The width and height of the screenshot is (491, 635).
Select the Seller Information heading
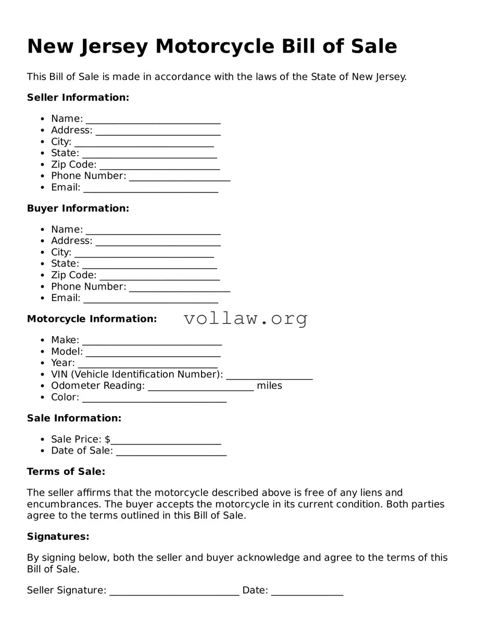pos(78,97)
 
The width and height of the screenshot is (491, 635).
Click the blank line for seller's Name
pos(153,120)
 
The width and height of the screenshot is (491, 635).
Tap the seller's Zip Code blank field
pos(159,166)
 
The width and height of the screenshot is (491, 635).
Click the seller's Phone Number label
pos(89,176)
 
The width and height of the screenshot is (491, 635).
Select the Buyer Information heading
pos(78,208)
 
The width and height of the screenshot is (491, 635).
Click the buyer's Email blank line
pos(150,299)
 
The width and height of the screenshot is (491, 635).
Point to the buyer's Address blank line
pos(158,242)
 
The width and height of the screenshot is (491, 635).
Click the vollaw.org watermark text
pos(246,318)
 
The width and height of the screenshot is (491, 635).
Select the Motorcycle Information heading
pos(92,319)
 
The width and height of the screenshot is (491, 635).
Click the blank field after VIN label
pos(269,376)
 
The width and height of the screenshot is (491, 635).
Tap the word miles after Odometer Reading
pos(269,385)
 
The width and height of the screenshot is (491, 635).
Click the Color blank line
pos(154,398)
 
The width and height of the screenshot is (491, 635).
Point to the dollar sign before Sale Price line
pos(107,439)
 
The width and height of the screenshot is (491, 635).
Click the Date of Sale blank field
pos(171,452)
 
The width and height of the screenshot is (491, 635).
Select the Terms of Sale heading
pos(66,472)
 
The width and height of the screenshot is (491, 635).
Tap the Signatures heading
pos(58,536)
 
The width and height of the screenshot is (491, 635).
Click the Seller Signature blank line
pos(174,592)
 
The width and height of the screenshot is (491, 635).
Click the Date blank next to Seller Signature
pos(307,592)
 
